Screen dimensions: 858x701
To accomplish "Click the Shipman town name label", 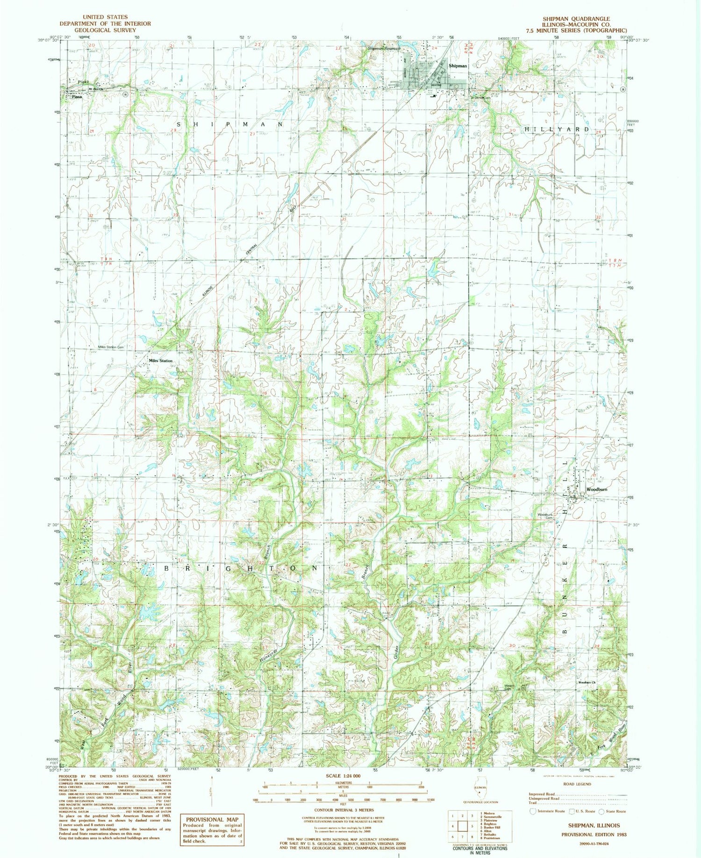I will pos(458,66).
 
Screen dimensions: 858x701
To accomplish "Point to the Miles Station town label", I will pos(160,361).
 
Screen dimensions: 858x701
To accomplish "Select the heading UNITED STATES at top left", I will pos(105,17).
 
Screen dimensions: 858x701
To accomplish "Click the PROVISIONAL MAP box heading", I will pos(212,793).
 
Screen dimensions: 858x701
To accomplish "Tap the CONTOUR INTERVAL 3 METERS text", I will pos(343,810).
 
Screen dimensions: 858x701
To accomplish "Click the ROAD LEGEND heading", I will pos(578,784).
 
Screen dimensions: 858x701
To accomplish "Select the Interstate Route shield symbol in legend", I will pos(532,811).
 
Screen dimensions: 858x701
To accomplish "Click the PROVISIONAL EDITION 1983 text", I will pos(594,834).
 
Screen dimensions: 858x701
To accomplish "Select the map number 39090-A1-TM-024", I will pos(593,844).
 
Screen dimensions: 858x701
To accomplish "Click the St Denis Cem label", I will pos(479,98).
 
